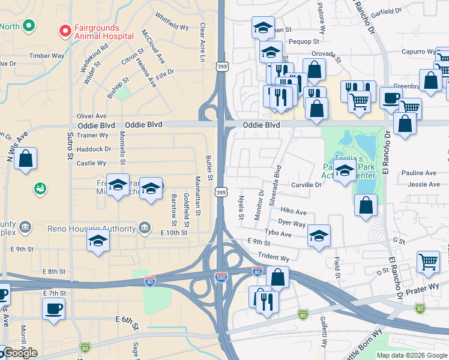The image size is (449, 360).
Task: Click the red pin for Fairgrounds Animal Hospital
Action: [64, 30]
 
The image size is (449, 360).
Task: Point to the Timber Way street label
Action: [47, 56]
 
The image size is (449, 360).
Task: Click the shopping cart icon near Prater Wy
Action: [429, 261]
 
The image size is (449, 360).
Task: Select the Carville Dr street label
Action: [306, 185]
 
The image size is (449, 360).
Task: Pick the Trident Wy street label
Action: [274, 257]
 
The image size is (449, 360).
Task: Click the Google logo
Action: [19, 353]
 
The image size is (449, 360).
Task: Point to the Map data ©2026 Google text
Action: [412, 355]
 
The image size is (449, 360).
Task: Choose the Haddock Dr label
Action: [94, 149]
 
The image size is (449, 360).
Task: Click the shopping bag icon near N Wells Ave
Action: [26, 159]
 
